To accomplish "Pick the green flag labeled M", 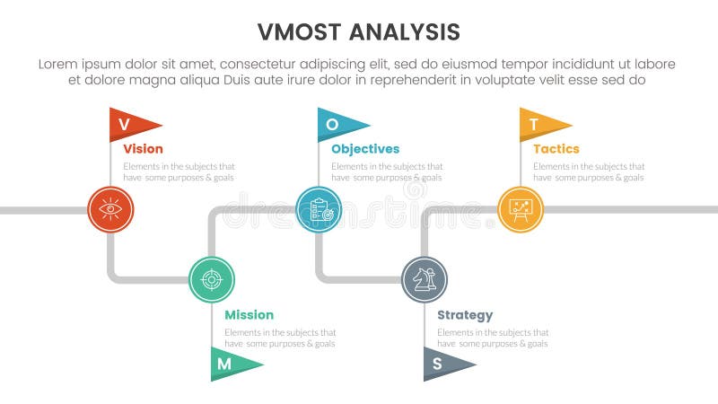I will point(231,364).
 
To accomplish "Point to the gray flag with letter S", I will point(443,364).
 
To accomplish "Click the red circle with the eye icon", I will point(110,210).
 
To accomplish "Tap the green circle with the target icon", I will point(212,279).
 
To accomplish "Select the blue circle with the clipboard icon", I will point(319,210).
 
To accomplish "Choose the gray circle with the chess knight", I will point(425,279).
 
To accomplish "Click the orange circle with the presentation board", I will point(521,210).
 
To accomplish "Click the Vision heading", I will point(143,149).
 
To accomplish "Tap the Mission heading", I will point(249,315).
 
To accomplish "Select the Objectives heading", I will point(365,149).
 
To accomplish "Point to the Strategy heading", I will point(465,315).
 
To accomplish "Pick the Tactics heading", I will point(556,149).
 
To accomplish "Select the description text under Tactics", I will point(589,171).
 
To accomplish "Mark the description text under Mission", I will point(280,338).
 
